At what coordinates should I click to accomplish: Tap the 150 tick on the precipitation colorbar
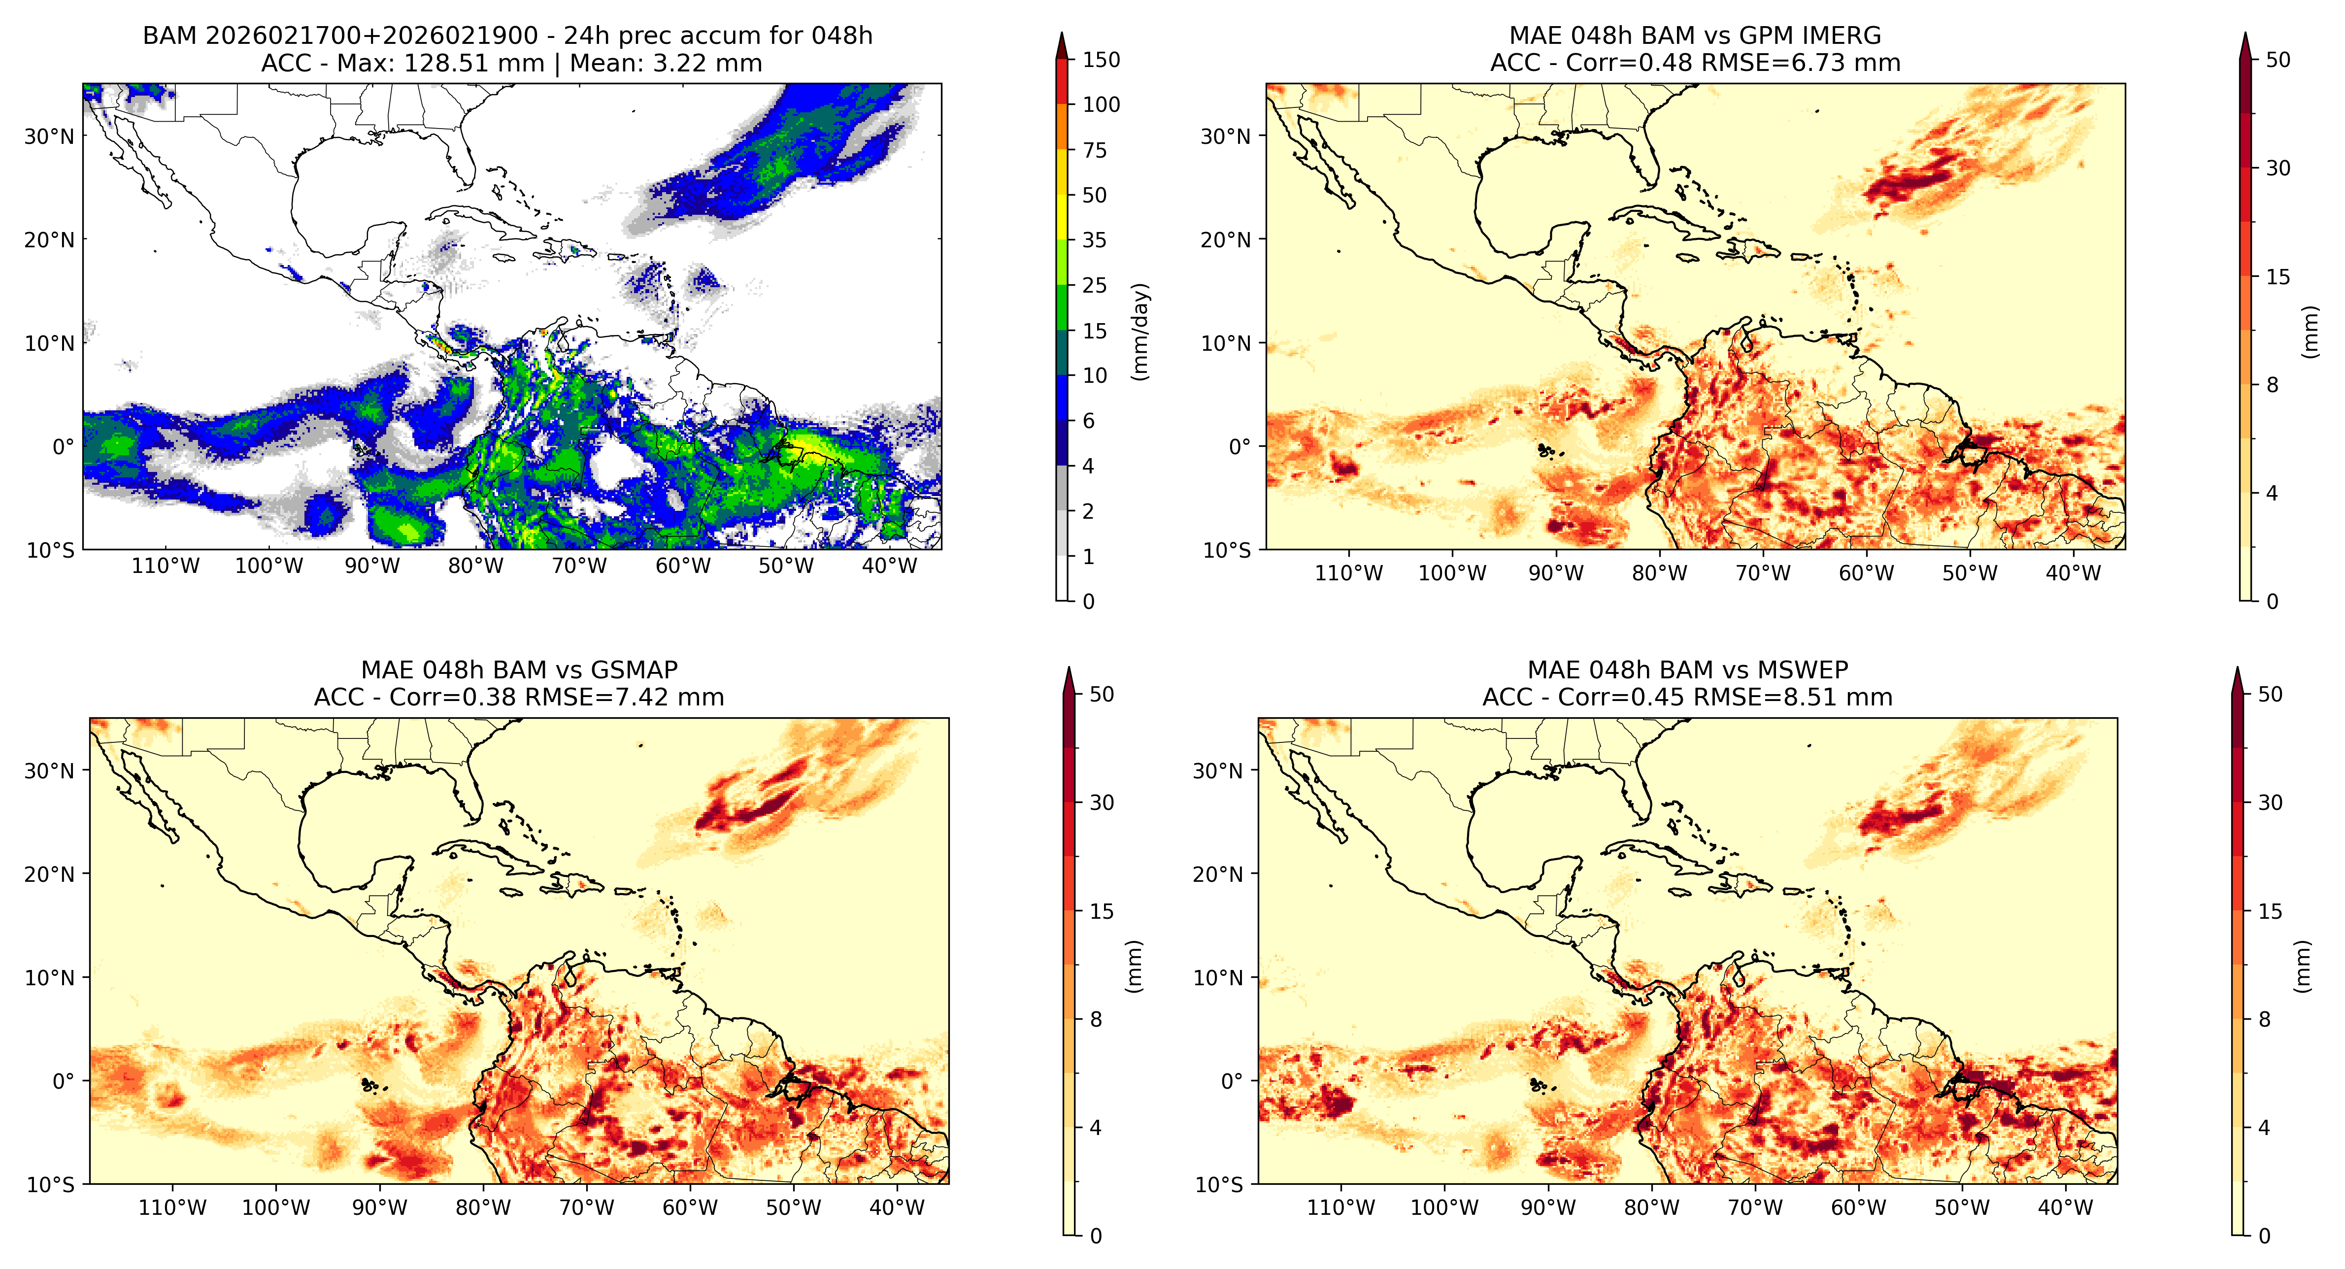pyautogui.click(x=1101, y=60)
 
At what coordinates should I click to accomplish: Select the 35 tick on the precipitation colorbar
pyautogui.click(x=1094, y=240)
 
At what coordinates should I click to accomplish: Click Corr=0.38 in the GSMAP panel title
pyautogui.click(x=450, y=698)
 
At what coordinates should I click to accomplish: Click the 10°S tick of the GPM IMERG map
pyautogui.click(x=1225, y=550)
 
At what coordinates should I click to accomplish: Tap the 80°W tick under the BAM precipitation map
pyautogui.click(x=475, y=566)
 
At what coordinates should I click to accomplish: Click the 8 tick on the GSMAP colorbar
pyautogui.click(x=1096, y=1020)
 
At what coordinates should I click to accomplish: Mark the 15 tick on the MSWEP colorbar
pyautogui.click(x=2270, y=911)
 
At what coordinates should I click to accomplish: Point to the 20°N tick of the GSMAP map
pyautogui.click(x=49, y=874)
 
